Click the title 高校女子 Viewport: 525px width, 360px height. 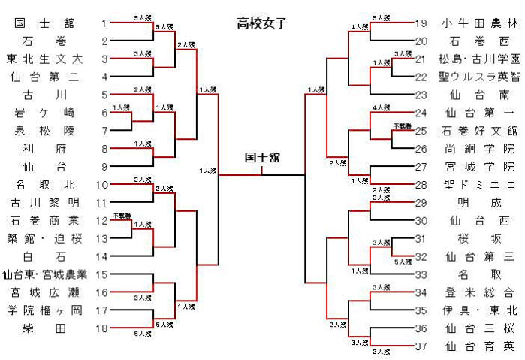pyautogui.click(x=262, y=23)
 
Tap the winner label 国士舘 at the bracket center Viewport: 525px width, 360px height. pyautogui.click(x=261, y=159)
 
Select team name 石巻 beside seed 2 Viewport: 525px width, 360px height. pyautogui.click(x=44, y=41)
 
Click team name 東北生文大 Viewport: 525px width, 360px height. pyautogui.click(x=44, y=59)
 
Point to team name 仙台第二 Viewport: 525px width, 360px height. pyautogui.click(x=44, y=77)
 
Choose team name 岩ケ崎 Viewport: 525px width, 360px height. pyautogui.click(x=44, y=113)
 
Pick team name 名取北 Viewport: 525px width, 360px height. pyautogui.click(x=44, y=184)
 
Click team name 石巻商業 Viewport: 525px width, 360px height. pyautogui.click(x=44, y=220)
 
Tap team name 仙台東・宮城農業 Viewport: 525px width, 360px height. pyautogui.click(x=44, y=274)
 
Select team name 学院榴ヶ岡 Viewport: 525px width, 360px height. pyautogui.click(x=44, y=310)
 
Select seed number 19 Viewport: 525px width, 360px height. pyautogui.click(x=420, y=23)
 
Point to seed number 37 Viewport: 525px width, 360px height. pyautogui.click(x=420, y=346)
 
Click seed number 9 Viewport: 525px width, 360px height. pyautogui.click(x=104, y=167)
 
